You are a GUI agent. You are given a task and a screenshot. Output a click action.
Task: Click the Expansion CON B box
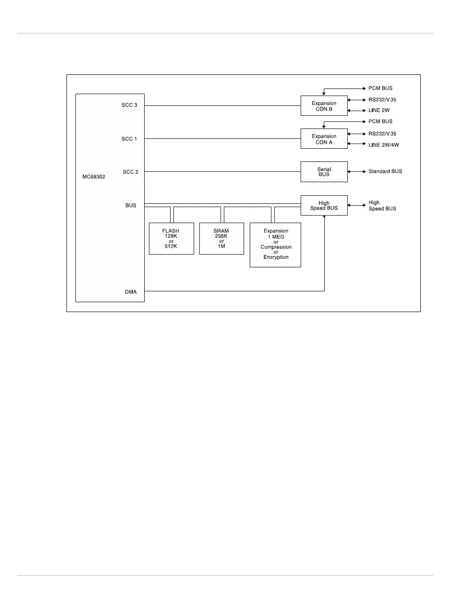(x=324, y=106)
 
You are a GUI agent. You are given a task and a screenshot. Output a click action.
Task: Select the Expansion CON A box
(x=324, y=139)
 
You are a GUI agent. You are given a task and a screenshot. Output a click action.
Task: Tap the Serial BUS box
(x=324, y=172)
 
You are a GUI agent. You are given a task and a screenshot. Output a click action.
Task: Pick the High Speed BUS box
(x=324, y=206)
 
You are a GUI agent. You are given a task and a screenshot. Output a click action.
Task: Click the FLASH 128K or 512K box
(x=171, y=239)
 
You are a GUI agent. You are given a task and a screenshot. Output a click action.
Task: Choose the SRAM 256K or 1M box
(x=221, y=239)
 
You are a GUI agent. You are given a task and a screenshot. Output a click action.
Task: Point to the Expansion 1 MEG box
(x=275, y=245)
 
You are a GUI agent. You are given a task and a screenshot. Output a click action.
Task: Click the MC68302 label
(x=94, y=177)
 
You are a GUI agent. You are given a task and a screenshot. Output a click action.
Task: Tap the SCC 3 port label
(x=130, y=105)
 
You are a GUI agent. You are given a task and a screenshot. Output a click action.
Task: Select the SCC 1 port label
(x=130, y=139)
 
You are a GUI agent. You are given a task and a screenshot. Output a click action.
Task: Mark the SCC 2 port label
(x=131, y=172)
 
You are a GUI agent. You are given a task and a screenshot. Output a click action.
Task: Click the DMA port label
(x=131, y=292)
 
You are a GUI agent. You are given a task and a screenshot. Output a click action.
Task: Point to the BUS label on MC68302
(x=131, y=206)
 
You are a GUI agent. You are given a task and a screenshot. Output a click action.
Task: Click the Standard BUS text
(x=385, y=171)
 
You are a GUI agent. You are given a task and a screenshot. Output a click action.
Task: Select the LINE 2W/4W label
(x=384, y=145)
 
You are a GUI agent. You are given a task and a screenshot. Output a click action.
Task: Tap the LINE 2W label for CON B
(x=379, y=111)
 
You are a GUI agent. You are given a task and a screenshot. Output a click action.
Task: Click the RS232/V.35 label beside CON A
(x=382, y=134)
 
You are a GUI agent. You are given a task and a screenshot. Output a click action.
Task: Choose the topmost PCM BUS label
(x=380, y=88)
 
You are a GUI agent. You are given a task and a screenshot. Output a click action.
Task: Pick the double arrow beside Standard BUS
(x=357, y=172)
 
